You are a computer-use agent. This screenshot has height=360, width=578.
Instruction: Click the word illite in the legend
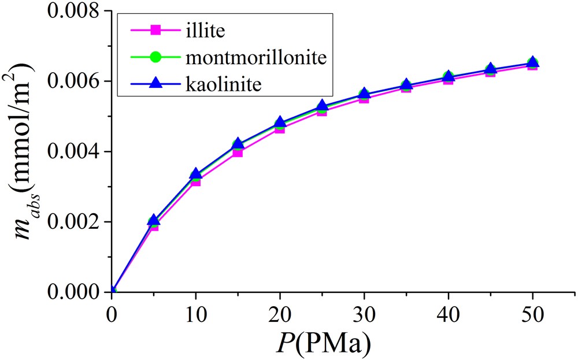point(205,29)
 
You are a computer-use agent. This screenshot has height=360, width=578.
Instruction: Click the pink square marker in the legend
point(154,29)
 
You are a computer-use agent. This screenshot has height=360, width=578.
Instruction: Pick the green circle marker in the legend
point(154,57)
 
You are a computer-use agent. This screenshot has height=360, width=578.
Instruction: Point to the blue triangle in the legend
point(154,84)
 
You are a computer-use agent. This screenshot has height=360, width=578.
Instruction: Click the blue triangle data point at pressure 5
point(153,220)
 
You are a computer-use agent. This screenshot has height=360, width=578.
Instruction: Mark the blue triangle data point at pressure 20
point(280,123)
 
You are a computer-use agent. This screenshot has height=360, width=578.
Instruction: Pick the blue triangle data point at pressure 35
point(406,85)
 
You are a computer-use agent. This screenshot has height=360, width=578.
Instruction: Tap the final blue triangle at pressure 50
point(532,62)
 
